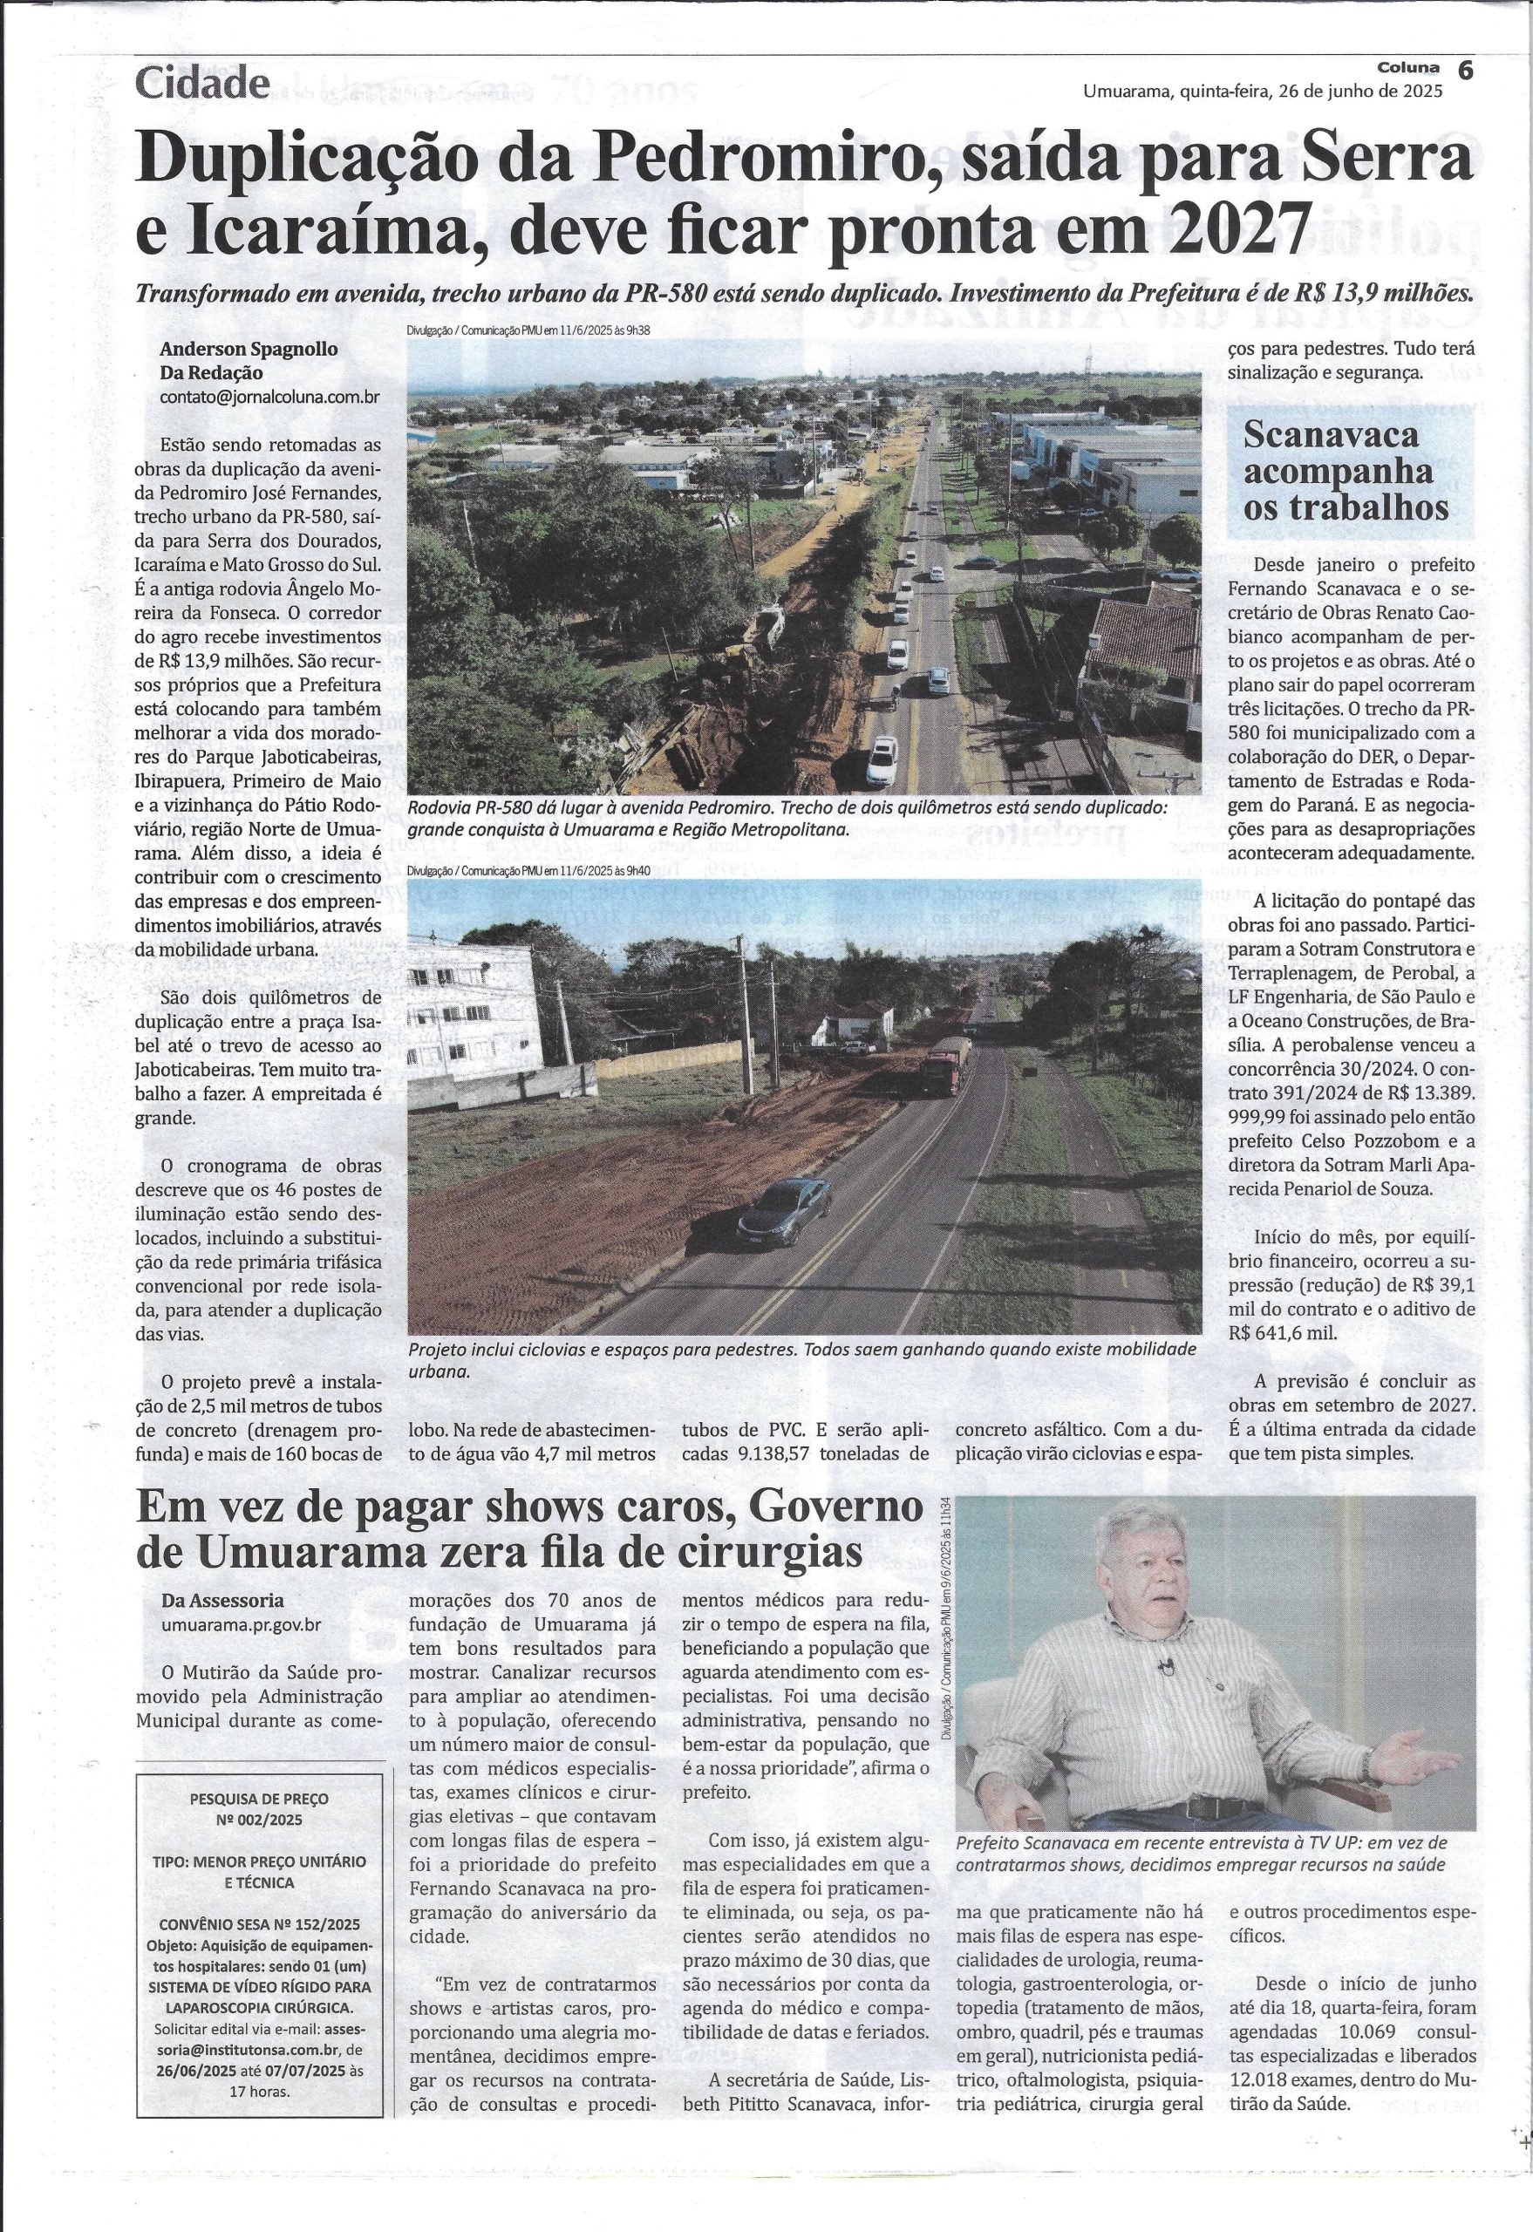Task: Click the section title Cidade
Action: click(x=202, y=85)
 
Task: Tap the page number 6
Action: click(x=1466, y=70)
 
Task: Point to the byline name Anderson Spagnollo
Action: click(x=249, y=350)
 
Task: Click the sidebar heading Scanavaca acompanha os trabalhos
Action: click(x=1346, y=471)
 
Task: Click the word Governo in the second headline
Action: click(x=835, y=1509)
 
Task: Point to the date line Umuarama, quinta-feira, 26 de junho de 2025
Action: click(x=1262, y=93)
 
